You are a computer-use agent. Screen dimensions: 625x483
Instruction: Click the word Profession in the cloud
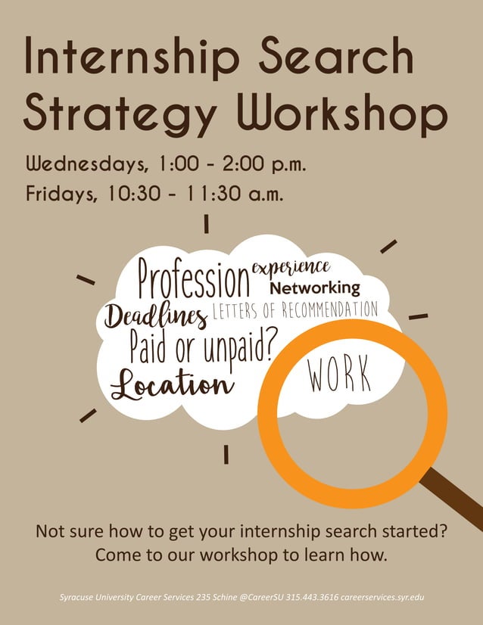point(194,279)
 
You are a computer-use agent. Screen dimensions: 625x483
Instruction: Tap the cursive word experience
point(291,266)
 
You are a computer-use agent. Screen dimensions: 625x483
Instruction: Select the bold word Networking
point(315,288)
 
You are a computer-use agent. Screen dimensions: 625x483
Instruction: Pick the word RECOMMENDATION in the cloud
point(329,309)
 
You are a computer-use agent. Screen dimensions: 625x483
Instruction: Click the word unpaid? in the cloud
point(235,347)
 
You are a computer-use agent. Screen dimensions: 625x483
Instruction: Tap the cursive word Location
point(172,384)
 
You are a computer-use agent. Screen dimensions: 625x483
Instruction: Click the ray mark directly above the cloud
point(206,225)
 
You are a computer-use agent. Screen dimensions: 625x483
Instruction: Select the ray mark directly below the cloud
point(226,453)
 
